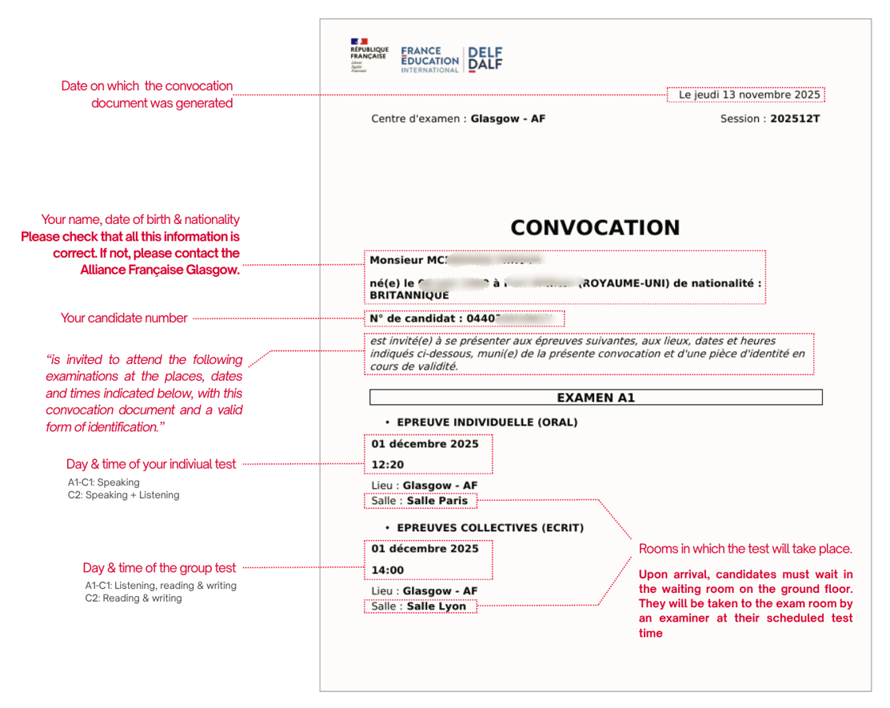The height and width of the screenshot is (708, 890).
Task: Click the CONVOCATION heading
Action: tap(595, 228)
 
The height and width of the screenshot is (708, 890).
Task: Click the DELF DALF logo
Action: tap(485, 58)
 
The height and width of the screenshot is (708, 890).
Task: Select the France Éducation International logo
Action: tap(430, 59)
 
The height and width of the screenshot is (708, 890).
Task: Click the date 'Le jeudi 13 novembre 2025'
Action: tap(749, 95)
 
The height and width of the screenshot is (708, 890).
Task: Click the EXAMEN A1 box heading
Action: tap(596, 398)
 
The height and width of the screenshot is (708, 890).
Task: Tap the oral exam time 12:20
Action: tap(388, 465)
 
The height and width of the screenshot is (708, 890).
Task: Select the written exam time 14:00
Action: tap(388, 570)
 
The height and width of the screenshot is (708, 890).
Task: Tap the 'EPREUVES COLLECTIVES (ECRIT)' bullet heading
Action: tap(490, 528)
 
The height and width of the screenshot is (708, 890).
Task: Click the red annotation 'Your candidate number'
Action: tap(124, 318)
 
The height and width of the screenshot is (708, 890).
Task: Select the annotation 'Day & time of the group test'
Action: tap(159, 568)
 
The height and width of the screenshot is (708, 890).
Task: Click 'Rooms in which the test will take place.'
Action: tap(745, 550)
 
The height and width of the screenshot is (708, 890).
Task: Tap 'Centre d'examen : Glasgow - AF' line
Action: tap(458, 119)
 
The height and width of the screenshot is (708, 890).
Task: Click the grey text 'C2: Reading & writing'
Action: tap(134, 598)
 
